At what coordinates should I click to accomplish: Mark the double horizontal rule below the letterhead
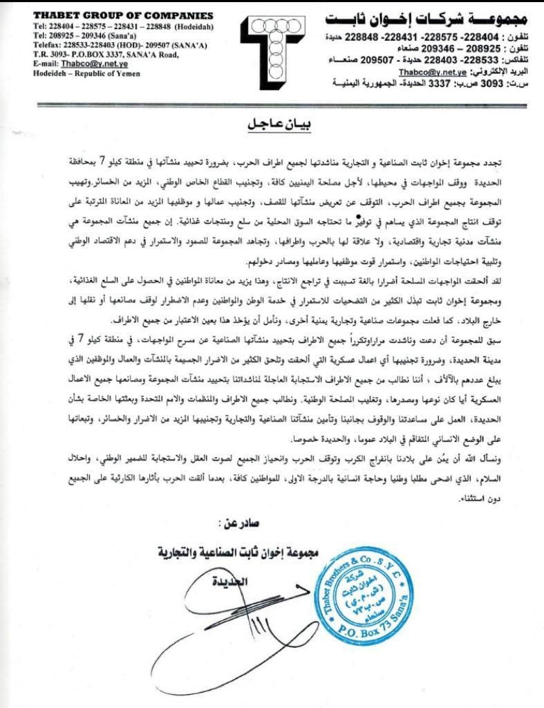coord(272,106)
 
